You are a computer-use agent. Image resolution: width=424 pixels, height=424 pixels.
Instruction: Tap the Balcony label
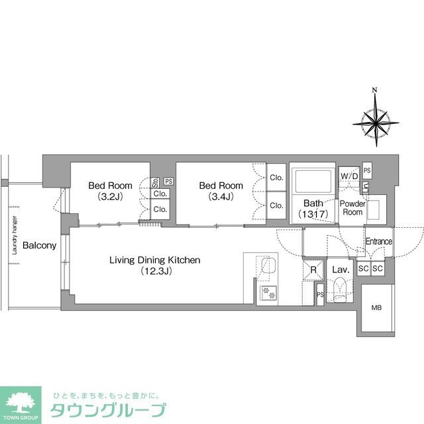[39, 246]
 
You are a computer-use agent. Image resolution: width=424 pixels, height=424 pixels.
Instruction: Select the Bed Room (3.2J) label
[110, 191]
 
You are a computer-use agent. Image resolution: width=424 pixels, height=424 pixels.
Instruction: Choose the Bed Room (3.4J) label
[221, 191]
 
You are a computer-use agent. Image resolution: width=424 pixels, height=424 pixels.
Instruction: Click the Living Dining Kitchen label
[155, 265]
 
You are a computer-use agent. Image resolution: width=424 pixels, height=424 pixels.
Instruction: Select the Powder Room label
[352, 207]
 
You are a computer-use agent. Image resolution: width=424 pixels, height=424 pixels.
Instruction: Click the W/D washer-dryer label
[346, 176]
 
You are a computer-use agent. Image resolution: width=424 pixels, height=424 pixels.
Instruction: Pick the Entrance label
[378, 242]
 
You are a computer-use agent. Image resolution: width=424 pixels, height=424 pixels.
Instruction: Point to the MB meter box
[376, 307]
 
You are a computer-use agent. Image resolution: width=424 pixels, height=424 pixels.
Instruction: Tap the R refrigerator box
[313, 270]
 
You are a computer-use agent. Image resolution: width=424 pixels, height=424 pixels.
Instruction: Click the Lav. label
[341, 270]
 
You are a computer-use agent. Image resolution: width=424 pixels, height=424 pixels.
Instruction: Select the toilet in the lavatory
[340, 290]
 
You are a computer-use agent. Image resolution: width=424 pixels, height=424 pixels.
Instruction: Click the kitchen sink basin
[269, 267]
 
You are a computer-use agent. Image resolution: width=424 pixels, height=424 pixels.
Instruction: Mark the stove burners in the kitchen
[269, 291]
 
